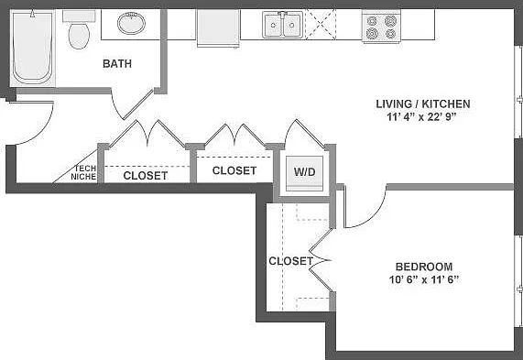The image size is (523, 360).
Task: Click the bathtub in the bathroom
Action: (x=33, y=48)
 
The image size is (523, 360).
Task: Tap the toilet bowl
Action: (x=79, y=36)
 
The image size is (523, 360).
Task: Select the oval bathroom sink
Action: (x=131, y=23)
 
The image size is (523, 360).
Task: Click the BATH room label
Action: (x=117, y=63)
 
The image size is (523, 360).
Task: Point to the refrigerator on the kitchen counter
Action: (x=219, y=28)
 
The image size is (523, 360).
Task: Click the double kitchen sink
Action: (x=282, y=25)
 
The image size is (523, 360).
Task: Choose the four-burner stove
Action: (x=381, y=27)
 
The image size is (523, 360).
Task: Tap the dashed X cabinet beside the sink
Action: (x=321, y=25)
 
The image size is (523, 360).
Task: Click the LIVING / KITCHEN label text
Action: (x=423, y=104)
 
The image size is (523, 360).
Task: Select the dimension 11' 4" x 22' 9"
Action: (x=421, y=117)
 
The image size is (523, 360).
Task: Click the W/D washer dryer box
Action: (x=304, y=173)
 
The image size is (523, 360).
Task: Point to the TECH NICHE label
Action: (x=83, y=172)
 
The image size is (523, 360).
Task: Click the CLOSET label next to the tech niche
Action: (x=146, y=176)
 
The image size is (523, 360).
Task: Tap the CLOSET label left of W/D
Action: (x=234, y=170)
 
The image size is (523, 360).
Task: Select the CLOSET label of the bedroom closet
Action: (x=291, y=261)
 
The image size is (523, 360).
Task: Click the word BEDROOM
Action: (x=424, y=267)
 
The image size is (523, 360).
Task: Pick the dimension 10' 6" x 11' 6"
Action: (x=423, y=279)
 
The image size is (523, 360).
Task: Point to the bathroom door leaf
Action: (x=138, y=104)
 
